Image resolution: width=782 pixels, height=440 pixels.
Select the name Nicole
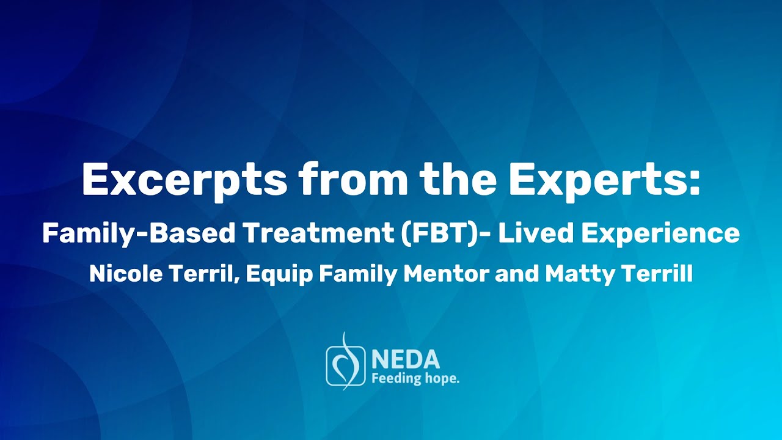coord(123,274)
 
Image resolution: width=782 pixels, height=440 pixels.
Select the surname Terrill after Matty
coord(657,274)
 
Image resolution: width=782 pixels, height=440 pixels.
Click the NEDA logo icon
coord(346,363)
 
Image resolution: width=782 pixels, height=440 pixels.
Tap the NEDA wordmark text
coord(404,359)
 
